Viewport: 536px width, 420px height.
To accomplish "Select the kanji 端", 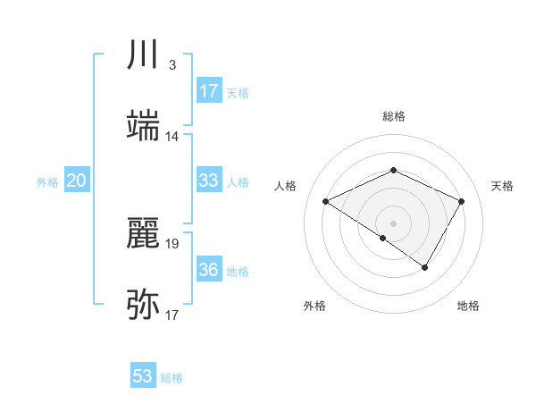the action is [x=144, y=124].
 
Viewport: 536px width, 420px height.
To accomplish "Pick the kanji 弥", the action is [x=144, y=305].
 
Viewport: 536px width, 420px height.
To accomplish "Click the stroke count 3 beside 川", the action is [x=172, y=65].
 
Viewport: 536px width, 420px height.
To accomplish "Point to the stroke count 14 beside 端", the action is [x=172, y=137].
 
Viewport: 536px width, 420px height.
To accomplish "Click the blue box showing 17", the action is [x=209, y=91].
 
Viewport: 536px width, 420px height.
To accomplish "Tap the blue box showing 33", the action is [x=209, y=181].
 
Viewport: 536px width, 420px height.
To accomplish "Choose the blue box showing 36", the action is [x=209, y=270].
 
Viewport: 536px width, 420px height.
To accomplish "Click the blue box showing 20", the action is [x=77, y=181].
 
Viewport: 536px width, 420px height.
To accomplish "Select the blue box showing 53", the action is [x=143, y=376].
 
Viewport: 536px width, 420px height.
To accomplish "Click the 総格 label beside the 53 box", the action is [x=172, y=378].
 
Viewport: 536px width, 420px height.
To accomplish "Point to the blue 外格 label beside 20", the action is [x=47, y=182].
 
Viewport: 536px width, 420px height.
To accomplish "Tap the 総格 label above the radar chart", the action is [x=393, y=116].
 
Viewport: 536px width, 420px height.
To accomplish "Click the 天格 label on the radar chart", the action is [x=502, y=186].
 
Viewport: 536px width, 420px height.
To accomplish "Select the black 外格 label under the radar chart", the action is [x=314, y=306].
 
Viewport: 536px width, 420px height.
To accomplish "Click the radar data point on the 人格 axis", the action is [x=326, y=202].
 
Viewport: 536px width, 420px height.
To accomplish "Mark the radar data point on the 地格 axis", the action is [x=425, y=267].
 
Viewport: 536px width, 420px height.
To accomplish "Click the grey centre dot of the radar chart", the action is [x=393, y=223].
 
